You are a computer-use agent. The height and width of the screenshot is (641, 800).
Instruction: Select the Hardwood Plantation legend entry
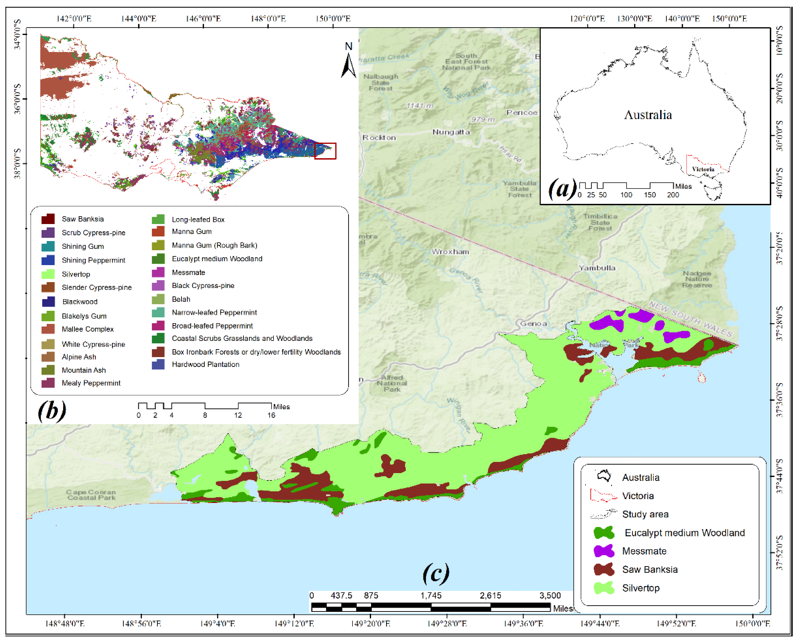point(205,364)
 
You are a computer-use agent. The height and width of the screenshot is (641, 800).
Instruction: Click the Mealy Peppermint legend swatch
point(48,383)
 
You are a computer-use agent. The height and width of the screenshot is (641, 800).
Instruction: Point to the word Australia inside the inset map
point(648,115)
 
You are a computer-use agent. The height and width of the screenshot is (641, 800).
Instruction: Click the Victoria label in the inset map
point(703,169)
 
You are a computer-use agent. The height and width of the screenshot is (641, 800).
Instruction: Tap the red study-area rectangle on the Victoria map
point(325,151)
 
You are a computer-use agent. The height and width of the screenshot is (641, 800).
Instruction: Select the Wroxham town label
point(450,252)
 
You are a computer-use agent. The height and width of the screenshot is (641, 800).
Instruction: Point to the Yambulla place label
point(597,268)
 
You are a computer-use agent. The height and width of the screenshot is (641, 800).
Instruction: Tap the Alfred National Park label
point(392,383)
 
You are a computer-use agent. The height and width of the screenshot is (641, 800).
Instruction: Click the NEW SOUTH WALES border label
point(690,319)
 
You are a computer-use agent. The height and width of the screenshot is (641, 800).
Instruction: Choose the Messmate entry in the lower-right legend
point(644,551)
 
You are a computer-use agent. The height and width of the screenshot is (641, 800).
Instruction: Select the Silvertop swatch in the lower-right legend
point(604,588)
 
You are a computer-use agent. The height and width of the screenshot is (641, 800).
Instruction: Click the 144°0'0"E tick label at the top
point(139,18)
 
